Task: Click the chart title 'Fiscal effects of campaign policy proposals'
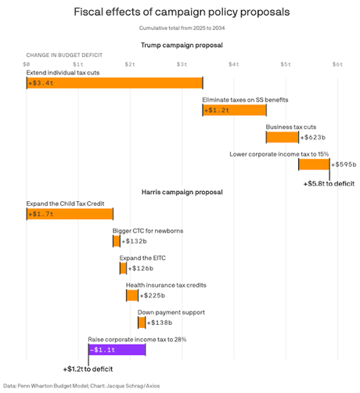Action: click(x=180, y=13)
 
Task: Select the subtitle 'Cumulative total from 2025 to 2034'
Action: click(x=180, y=29)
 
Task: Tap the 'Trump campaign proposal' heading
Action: click(x=180, y=46)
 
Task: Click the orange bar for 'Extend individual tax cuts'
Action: click(x=114, y=84)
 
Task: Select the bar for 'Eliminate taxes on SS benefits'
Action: click(x=234, y=110)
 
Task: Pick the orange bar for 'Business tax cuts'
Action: click(x=282, y=138)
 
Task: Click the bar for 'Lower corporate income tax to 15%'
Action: click(x=314, y=164)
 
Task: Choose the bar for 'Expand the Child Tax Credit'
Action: click(x=70, y=214)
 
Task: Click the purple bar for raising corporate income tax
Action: click(x=117, y=349)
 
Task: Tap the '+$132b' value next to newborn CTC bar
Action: click(x=135, y=241)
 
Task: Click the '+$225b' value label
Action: click(x=153, y=295)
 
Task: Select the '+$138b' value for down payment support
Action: click(x=160, y=322)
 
